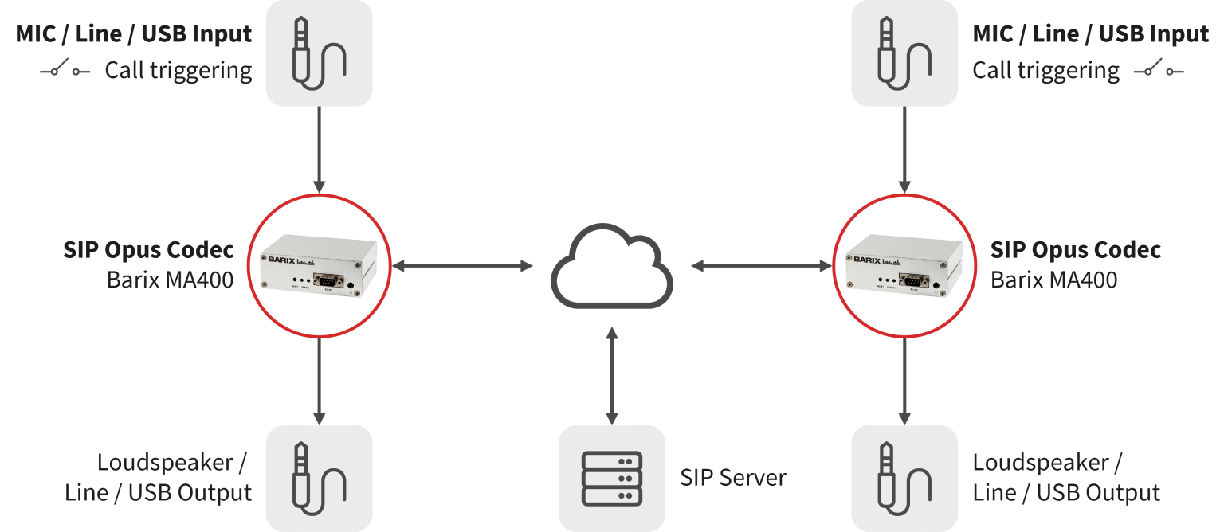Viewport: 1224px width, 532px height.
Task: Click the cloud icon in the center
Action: tap(611, 265)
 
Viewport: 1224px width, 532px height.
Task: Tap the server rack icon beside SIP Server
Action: tap(611, 478)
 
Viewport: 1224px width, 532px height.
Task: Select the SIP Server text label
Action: tap(732, 478)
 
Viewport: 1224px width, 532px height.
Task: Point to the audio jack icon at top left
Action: tap(319, 53)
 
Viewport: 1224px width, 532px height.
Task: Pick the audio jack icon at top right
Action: tap(904, 53)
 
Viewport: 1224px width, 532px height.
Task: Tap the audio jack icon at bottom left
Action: tap(319, 478)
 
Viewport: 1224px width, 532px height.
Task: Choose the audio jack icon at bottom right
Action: tap(904, 478)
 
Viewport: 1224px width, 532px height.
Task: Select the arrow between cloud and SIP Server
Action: tap(611, 374)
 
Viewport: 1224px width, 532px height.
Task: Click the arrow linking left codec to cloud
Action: tap(463, 266)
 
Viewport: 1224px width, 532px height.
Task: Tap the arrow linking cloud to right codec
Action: tap(761, 266)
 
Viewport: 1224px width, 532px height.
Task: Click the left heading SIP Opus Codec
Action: tap(149, 250)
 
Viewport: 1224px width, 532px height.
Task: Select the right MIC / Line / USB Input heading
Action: tap(1090, 35)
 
